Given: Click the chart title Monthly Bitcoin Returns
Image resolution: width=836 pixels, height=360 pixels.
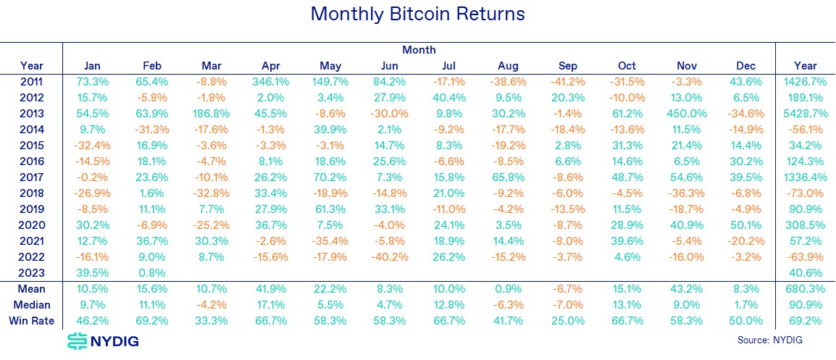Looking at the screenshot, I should pyautogui.click(x=417, y=14).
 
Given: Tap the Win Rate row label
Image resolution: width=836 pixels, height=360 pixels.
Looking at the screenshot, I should pyautogui.click(x=32, y=321).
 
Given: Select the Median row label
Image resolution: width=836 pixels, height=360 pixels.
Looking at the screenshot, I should pyautogui.click(x=32, y=305).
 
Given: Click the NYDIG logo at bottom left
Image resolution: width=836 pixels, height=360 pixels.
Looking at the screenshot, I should pyautogui.click(x=102, y=341).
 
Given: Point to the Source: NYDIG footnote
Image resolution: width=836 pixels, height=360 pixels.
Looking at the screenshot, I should pyautogui.click(x=769, y=340).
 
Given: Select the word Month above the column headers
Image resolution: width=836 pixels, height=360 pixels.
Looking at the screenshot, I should pyautogui.click(x=419, y=50).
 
